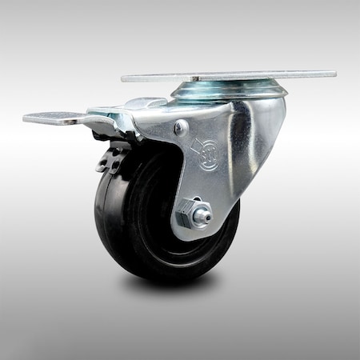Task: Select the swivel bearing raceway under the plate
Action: click(228, 90)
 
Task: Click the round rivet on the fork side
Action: click(182, 127)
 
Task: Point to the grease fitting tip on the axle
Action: click(206, 214)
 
